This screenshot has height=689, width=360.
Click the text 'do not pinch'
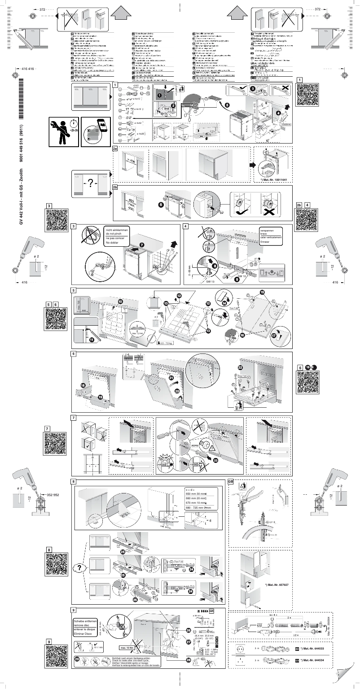click(x=115, y=234)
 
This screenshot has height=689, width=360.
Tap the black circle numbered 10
click(x=120, y=301)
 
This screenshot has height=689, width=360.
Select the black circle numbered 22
click(x=240, y=367)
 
